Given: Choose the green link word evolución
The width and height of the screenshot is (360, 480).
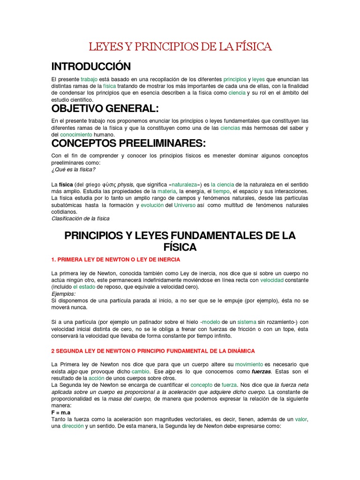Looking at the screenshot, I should coord(153,205).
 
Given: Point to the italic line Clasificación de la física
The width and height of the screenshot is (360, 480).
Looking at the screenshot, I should coord(80,218).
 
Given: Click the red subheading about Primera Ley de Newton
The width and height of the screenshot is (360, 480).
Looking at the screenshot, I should coord(115,259).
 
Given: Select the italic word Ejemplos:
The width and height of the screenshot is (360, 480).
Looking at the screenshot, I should coord(64,293).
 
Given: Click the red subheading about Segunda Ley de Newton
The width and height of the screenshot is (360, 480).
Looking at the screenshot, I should coord(153,351).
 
